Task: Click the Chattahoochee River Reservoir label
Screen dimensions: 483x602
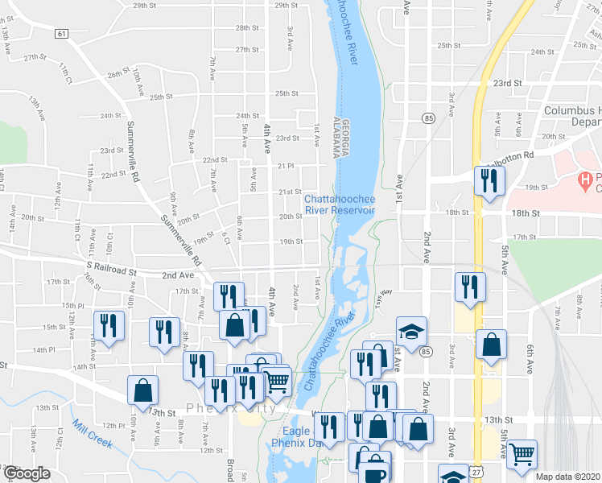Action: click(x=340, y=204)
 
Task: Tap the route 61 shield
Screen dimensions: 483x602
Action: click(x=62, y=33)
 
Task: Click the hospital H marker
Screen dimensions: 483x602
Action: click(x=586, y=178)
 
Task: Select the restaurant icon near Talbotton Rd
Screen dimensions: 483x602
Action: click(x=489, y=181)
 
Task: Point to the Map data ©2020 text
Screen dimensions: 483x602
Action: click(x=567, y=477)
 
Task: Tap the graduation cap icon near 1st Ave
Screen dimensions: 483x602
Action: click(x=411, y=331)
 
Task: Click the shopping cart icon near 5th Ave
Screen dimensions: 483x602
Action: click(x=522, y=455)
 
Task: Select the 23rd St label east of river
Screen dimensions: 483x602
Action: click(x=508, y=83)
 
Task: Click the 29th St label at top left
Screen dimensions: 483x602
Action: click(x=145, y=6)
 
